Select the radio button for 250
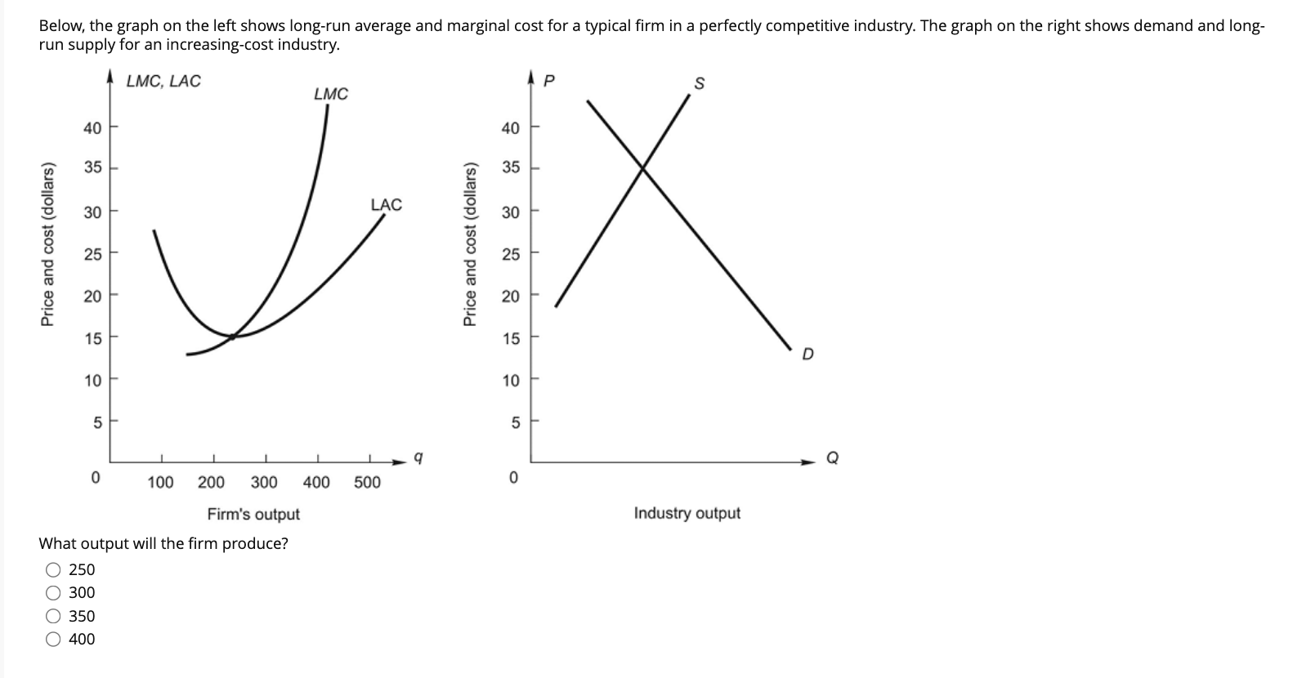(x=54, y=570)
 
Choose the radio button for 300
(x=54, y=593)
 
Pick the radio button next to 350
(x=54, y=617)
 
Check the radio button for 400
(x=54, y=640)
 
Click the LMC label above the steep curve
(x=331, y=94)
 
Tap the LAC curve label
(x=387, y=204)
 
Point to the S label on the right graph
(x=699, y=84)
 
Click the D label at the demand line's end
(x=808, y=355)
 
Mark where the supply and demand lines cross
(x=643, y=168)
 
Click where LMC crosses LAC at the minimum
(x=233, y=336)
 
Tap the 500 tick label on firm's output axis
(x=367, y=482)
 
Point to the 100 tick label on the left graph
(x=160, y=482)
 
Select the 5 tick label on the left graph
(x=97, y=423)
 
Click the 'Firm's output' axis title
(x=253, y=514)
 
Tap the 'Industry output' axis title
(x=687, y=513)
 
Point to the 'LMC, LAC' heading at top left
(x=163, y=81)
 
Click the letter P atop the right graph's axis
(x=549, y=82)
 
